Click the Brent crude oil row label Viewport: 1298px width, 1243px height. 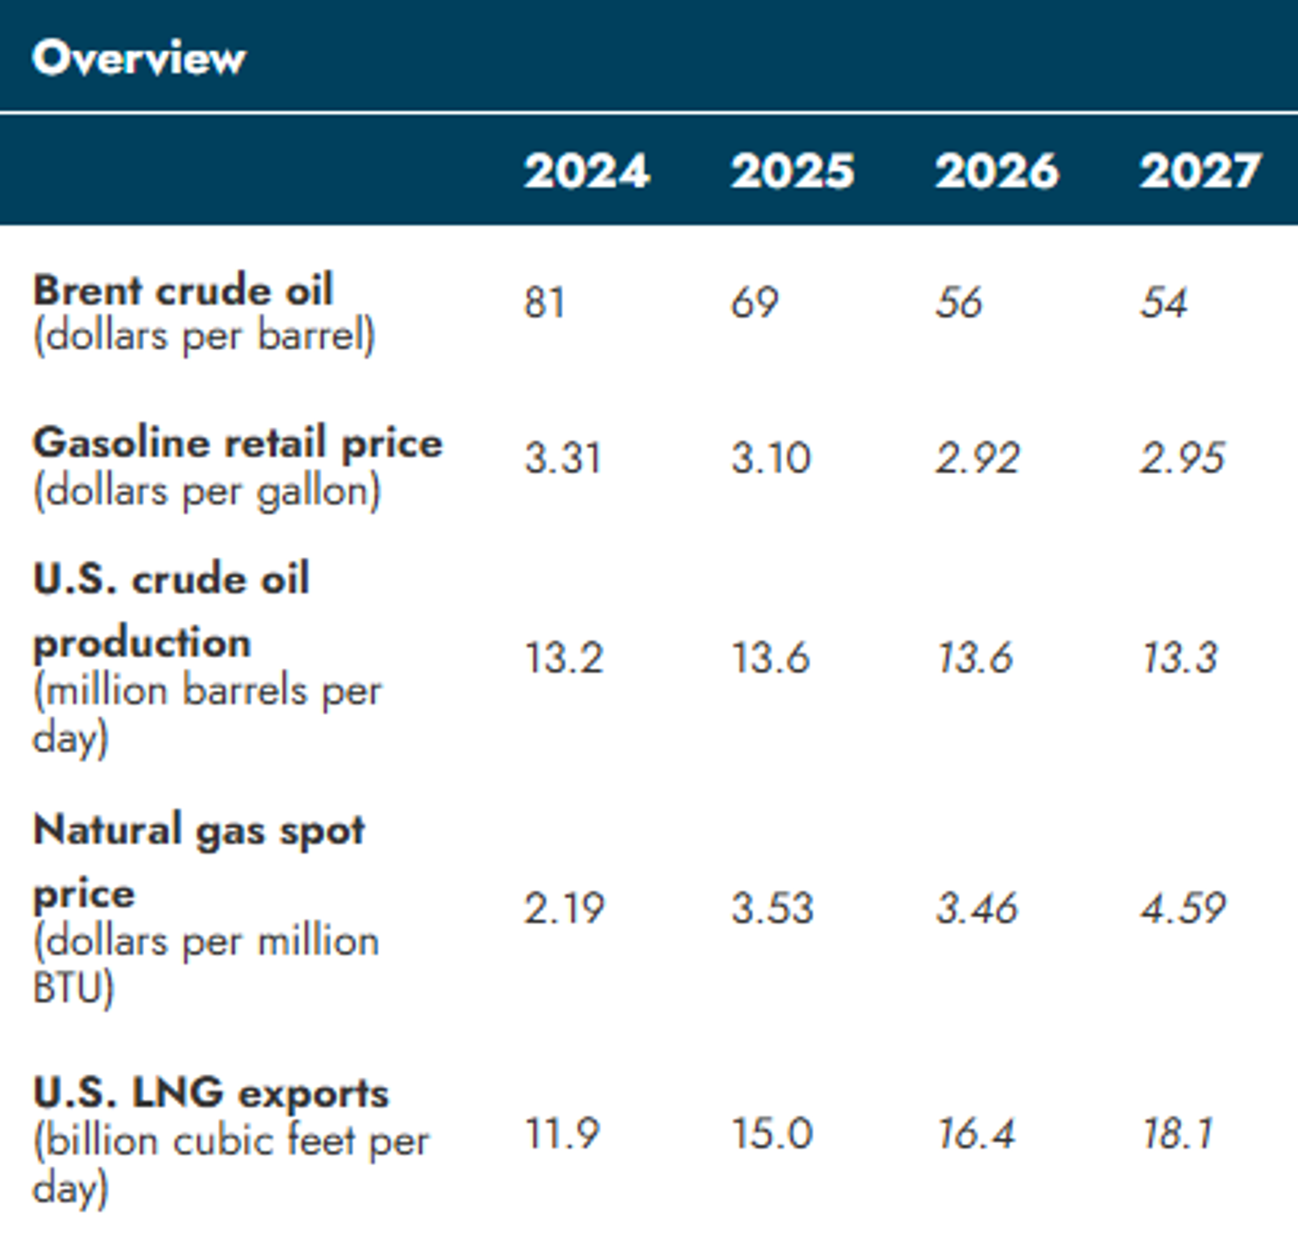click(183, 290)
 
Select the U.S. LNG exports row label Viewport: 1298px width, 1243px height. click(211, 1093)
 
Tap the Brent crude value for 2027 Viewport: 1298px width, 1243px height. click(1163, 303)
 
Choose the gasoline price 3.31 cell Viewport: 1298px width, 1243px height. click(563, 458)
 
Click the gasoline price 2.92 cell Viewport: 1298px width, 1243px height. click(977, 458)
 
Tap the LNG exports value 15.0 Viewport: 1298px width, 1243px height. click(771, 1133)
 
